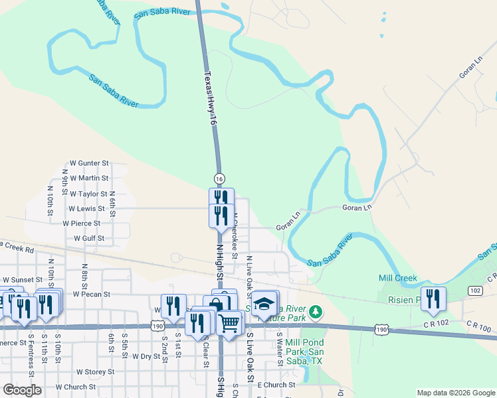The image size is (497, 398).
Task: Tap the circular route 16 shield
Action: [219, 178]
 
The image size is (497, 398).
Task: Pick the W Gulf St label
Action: [89, 237]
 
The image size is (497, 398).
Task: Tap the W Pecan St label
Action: [91, 293]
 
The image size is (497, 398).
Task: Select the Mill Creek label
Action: [397, 278]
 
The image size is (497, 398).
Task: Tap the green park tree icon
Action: [318, 310]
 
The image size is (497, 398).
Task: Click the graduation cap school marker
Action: [264, 304]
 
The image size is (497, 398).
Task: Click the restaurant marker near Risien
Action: [433, 298]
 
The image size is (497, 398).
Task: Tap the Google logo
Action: [22, 391]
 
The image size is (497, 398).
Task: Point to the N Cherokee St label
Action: [235, 235]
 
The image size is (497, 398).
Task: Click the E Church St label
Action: [276, 385]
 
